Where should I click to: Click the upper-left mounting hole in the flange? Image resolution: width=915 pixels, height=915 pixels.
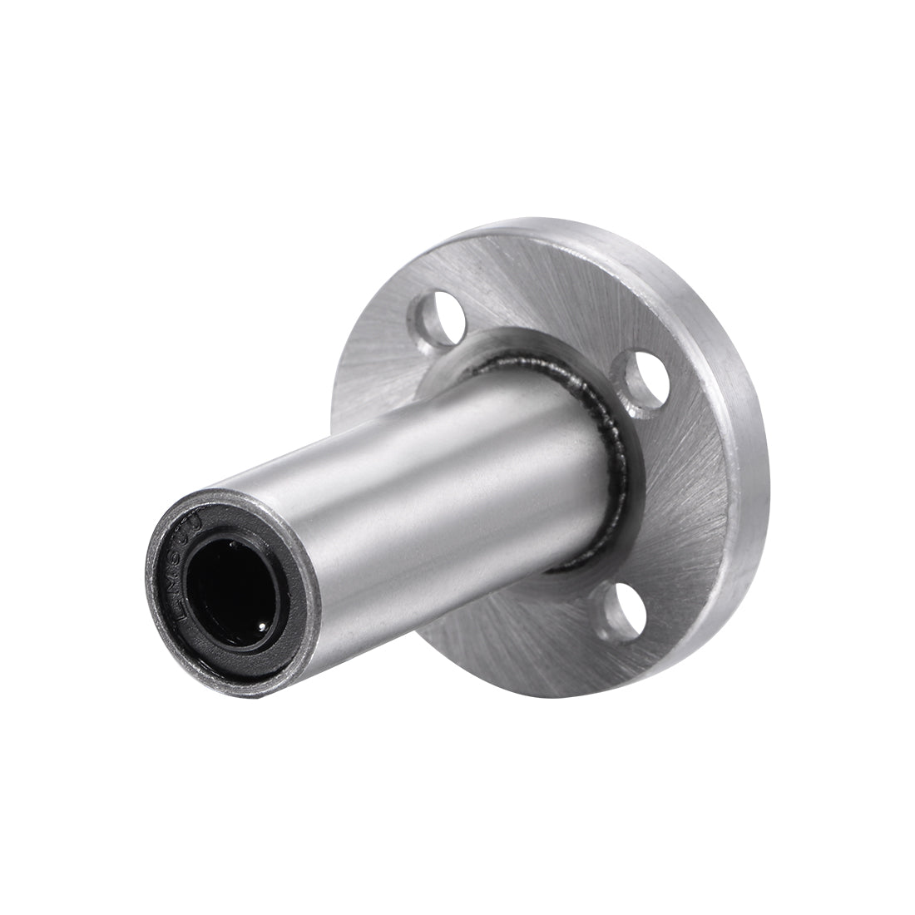(x=431, y=319)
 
